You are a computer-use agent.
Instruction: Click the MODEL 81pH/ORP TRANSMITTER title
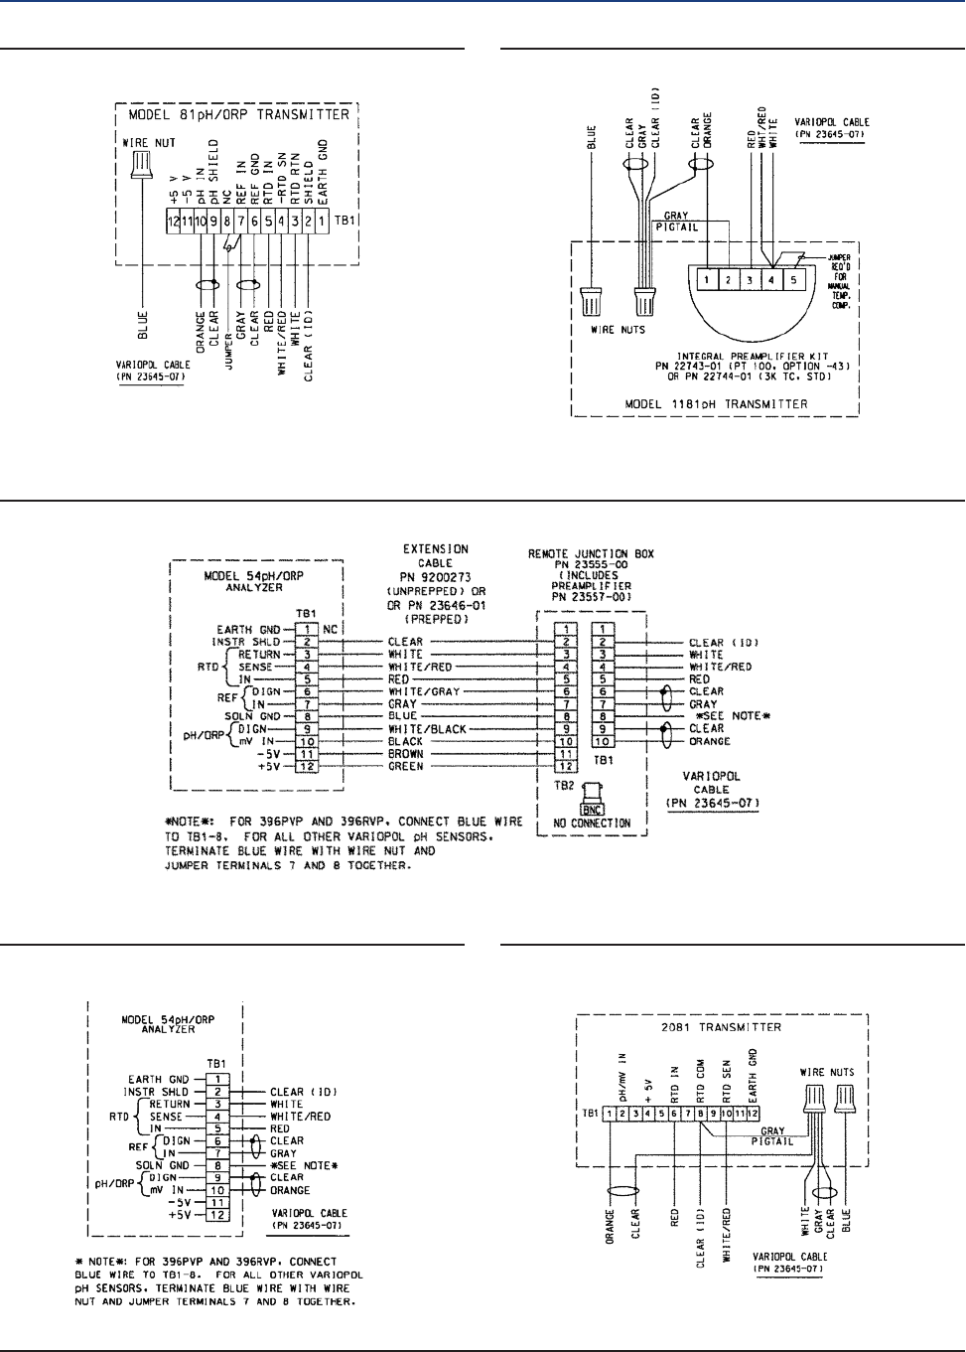[x=238, y=115]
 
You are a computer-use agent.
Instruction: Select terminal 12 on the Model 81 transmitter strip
[x=174, y=222]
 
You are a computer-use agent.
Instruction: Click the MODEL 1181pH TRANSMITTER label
[x=716, y=404]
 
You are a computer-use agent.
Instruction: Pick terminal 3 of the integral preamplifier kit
[x=750, y=280]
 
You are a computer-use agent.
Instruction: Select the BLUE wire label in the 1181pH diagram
[x=593, y=137]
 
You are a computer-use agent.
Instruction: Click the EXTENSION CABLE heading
[x=436, y=555]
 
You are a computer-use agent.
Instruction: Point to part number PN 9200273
[x=436, y=576]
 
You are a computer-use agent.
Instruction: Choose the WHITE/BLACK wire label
[x=427, y=729]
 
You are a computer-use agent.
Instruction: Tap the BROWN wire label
[x=405, y=754]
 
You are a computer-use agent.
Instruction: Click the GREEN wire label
[x=405, y=767]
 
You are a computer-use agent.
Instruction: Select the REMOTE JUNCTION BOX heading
[x=591, y=554]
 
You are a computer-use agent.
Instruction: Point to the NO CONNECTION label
[x=592, y=824]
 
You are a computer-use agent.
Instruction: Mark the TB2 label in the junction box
[x=563, y=785]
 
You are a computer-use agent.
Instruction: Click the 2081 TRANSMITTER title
[x=721, y=1027]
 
